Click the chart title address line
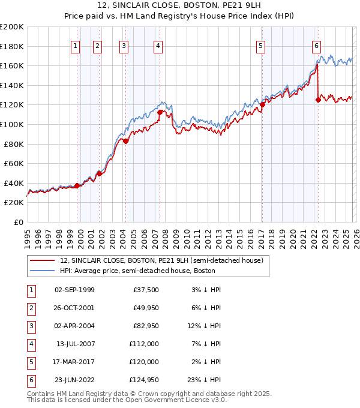click(x=179, y=6)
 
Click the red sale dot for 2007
click(x=160, y=112)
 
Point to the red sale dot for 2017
click(x=262, y=104)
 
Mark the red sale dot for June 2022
click(x=318, y=100)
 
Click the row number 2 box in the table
click(x=30, y=308)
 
